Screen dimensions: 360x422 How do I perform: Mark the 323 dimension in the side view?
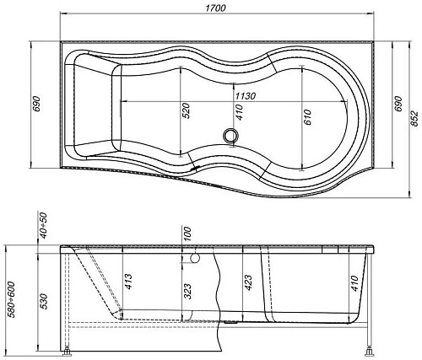pos(187,291)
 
